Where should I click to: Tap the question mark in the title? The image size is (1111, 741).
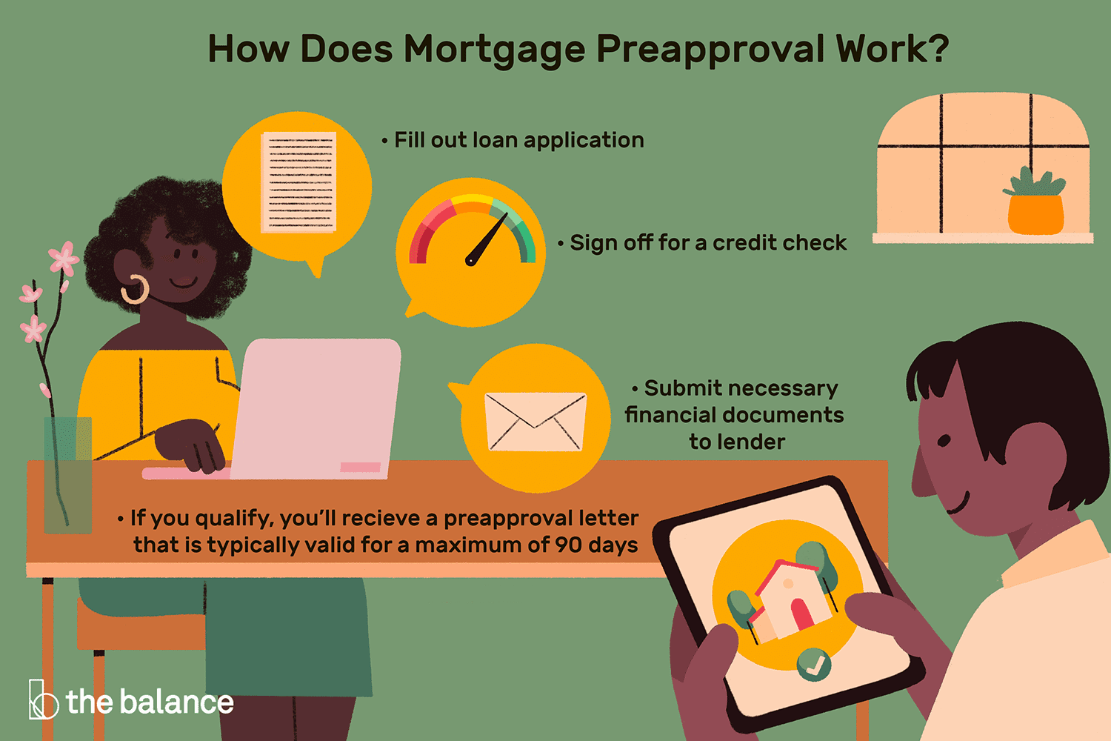[x=935, y=48]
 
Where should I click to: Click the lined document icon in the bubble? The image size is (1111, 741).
[x=298, y=182]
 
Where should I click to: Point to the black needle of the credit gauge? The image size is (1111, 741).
[x=487, y=239]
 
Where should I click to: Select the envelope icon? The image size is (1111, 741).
[x=536, y=422]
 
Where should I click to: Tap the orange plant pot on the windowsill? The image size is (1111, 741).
[x=1035, y=215]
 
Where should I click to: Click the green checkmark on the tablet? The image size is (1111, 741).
[x=813, y=665]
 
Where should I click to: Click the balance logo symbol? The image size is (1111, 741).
[x=43, y=700]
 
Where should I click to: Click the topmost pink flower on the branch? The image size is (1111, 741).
[x=64, y=257]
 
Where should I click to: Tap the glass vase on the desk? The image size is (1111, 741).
[x=68, y=475]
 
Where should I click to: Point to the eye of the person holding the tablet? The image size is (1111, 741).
[x=944, y=440]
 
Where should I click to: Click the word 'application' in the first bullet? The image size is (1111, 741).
[x=584, y=141]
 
